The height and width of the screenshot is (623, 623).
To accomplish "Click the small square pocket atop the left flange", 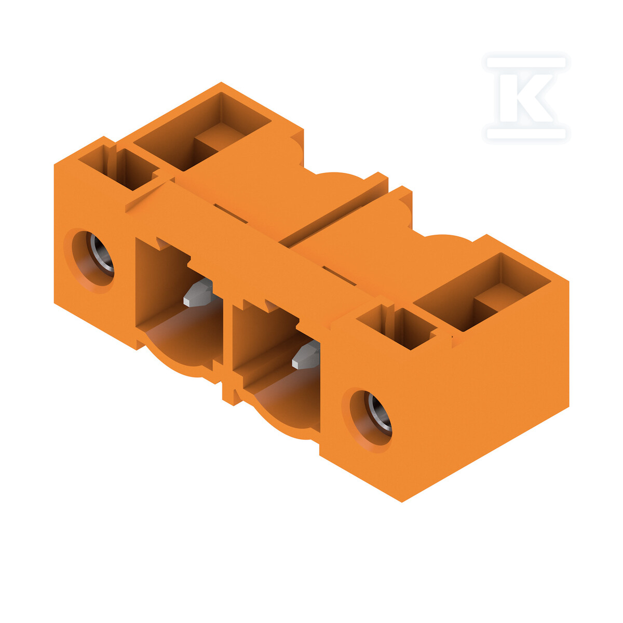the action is point(119,168).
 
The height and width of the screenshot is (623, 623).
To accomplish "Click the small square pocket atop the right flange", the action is point(397,327).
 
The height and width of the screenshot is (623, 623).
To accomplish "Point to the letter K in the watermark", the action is point(526,98).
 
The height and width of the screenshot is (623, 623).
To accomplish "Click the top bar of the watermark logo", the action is point(526,62).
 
